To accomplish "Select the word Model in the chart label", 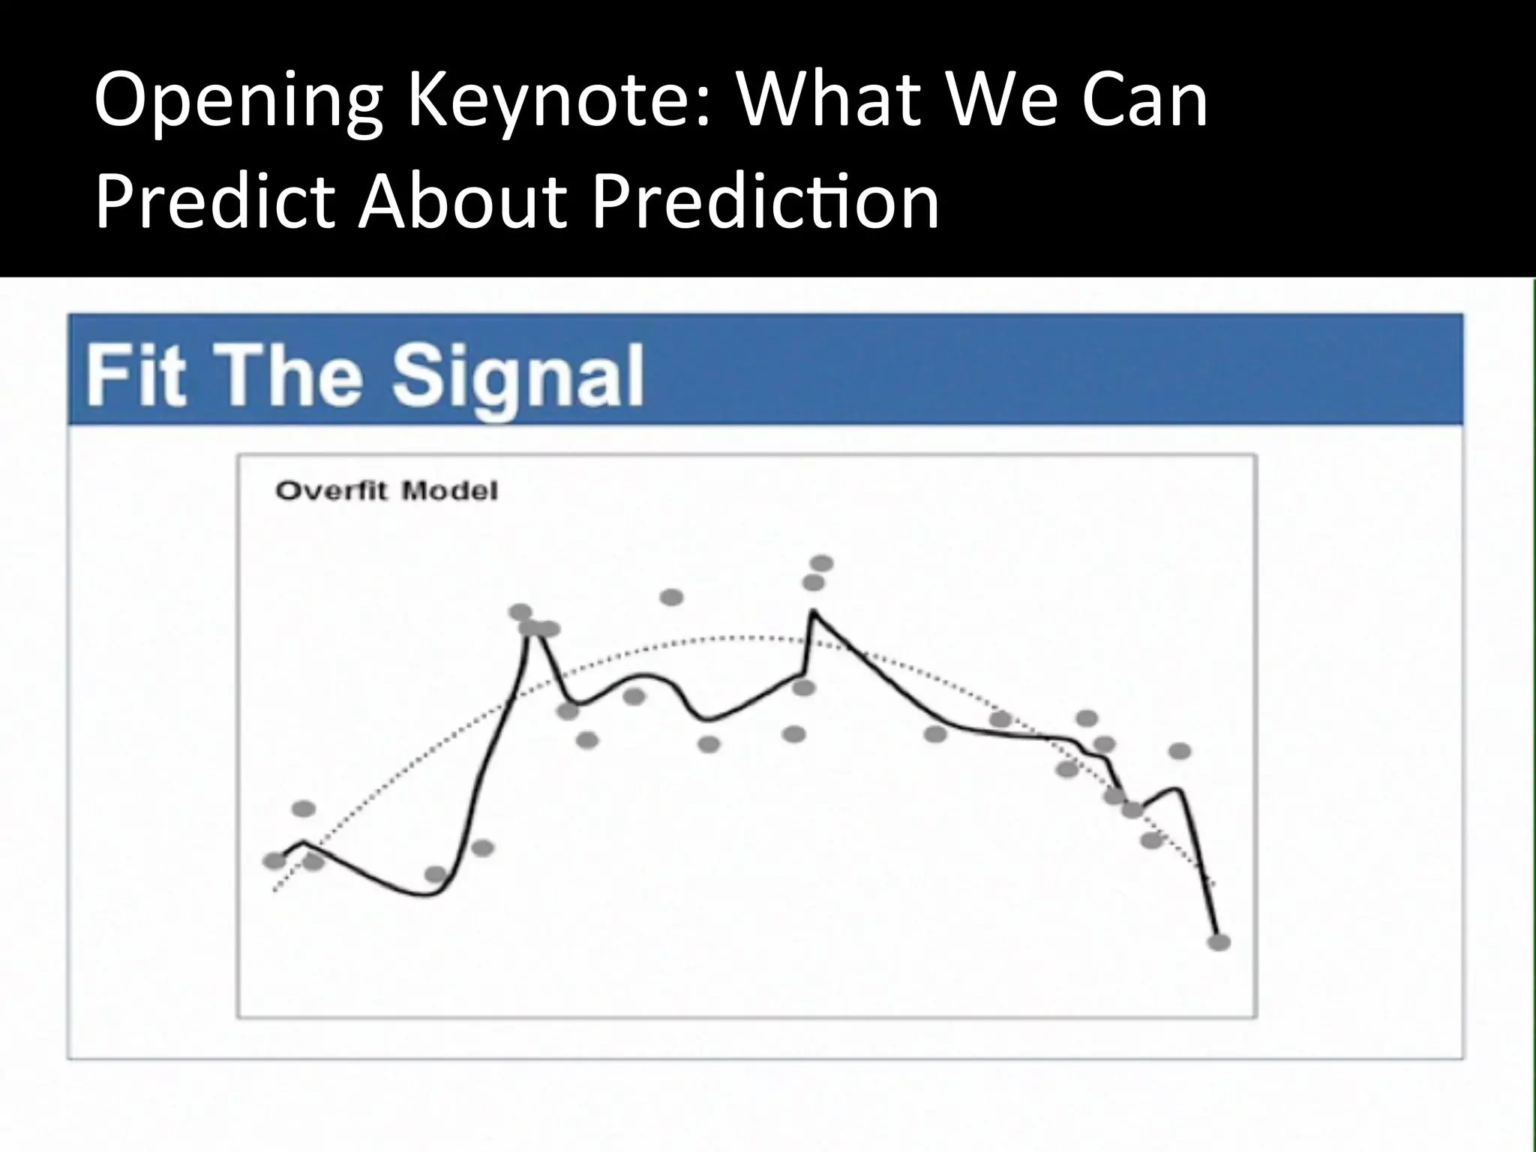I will [449, 491].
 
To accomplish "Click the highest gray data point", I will [822, 562].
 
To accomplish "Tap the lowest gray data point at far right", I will [1219, 942].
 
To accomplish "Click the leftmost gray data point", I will [274, 860].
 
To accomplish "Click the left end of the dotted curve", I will [275, 890].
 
